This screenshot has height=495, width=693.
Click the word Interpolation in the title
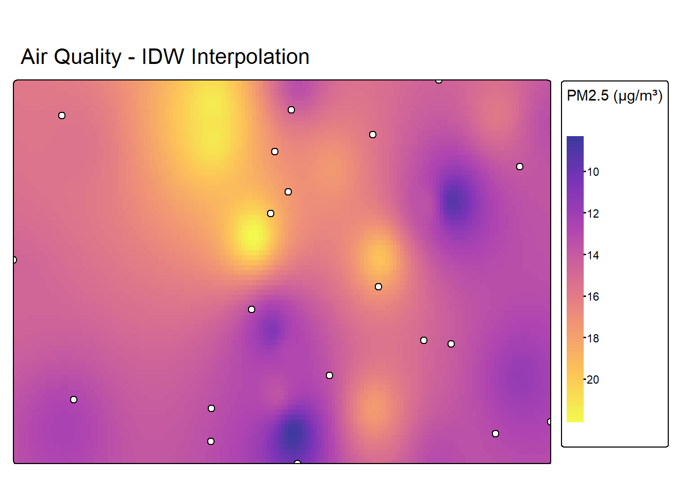250,57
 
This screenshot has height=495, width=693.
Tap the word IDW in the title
162,57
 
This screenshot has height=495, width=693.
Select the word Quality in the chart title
87,57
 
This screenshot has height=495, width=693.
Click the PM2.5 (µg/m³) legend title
614,96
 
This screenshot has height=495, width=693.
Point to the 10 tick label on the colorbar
593,172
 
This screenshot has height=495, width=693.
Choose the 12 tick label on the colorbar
593,214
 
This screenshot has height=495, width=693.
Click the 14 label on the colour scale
593,255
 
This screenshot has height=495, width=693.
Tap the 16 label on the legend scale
593,297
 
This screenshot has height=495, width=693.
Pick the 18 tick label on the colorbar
593,339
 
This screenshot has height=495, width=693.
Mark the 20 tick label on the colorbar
593,380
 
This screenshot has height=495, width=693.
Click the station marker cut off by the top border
438,80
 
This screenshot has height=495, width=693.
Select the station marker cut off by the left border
14,260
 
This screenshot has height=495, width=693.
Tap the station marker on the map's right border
550,422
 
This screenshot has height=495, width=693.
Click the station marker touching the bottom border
298,463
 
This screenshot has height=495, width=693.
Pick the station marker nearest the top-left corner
62,115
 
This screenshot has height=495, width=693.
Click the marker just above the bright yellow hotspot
271,213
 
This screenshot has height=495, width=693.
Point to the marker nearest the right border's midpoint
520,167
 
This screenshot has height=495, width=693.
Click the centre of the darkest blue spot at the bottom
294,433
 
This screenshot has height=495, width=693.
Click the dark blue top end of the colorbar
575,142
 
